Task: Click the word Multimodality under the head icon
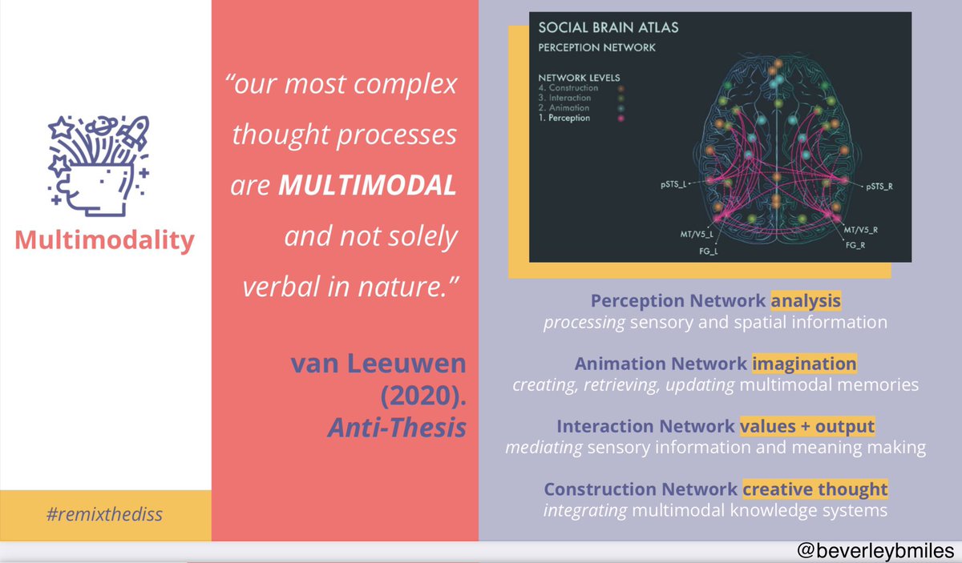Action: click(x=104, y=240)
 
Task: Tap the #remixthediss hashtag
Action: click(x=104, y=513)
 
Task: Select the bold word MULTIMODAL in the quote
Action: click(x=368, y=187)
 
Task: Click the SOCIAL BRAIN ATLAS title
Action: click(x=608, y=27)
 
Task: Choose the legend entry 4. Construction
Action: click(x=568, y=88)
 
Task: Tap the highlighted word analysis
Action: click(x=806, y=301)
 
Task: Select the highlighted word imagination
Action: click(x=804, y=364)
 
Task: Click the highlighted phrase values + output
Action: click(x=806, y=426)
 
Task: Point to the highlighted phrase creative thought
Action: click(x=814, y=489)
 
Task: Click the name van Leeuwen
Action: click(x=378, y=364)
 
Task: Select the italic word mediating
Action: click(x=544, y=448)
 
